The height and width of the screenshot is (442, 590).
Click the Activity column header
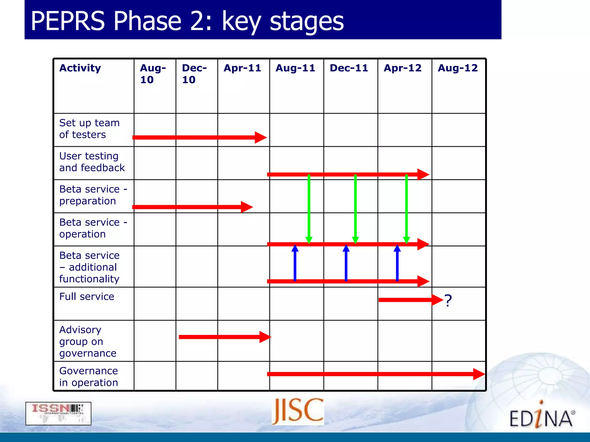click(80, 68)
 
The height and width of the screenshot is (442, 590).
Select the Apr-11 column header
click(242, 68)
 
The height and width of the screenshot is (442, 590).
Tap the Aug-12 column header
click(457, 68)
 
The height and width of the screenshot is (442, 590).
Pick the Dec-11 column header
click(349, 68)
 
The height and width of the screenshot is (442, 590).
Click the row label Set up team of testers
click(89, 129)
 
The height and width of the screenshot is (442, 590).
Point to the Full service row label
click(87, 296)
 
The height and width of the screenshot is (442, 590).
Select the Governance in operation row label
click(88, 376)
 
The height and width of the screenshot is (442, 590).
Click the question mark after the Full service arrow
click(448, 301)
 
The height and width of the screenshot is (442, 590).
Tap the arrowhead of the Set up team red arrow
click(260, 137)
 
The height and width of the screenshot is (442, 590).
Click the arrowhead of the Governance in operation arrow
click(479, 374)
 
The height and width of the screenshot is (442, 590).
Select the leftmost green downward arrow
click(309, 209)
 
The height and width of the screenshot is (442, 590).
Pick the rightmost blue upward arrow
click(397, 262)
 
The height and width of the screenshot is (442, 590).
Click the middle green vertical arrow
click(355, 209)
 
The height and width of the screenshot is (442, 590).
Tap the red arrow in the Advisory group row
click(225, 337)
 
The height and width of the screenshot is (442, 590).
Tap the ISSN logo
click(58, 413)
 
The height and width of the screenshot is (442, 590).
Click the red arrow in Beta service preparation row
click(192, 207)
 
